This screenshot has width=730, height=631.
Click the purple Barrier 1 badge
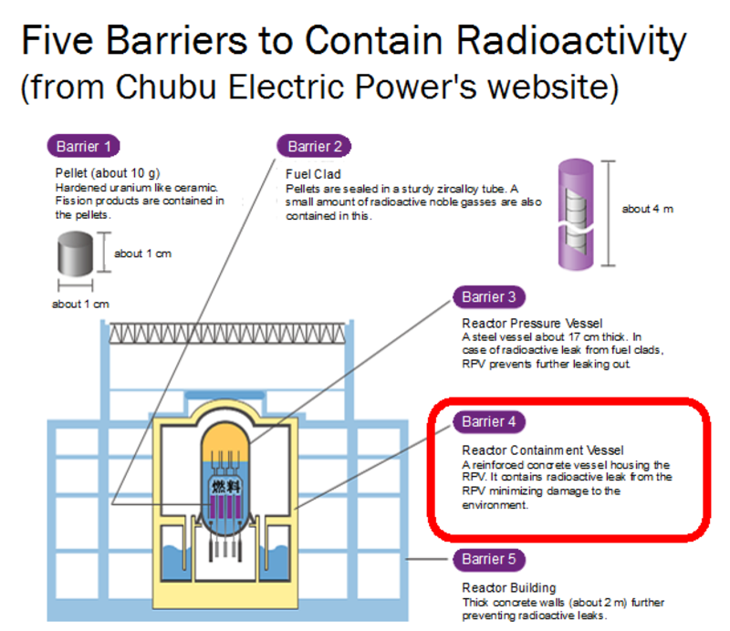tap(83, 146)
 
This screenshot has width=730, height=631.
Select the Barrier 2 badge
tap(314, 146)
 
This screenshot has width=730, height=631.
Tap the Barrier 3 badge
tap(489, 297)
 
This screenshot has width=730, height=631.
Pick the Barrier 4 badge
tap(489, 421)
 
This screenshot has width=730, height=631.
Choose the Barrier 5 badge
tap(489, 559)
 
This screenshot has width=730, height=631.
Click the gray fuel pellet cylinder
tap(75, 253)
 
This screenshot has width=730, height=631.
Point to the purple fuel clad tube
tap(576, 214)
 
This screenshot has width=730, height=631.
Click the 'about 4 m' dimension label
tap(648, 209)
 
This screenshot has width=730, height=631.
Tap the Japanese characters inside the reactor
tap(226, 487)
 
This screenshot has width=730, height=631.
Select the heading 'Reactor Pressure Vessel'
tap(532, 323)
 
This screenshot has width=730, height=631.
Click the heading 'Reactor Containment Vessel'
tap(542, 450)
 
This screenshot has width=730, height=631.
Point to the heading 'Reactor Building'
tap(509, 588)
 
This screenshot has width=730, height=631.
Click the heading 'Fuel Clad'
tap(313, 174)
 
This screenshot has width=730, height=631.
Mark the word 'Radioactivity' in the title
tap(571, 40)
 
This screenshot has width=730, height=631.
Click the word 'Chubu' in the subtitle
tap(166, 87)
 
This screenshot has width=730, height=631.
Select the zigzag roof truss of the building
tap(227, 333)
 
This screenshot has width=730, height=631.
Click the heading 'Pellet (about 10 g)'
tap(108, 173)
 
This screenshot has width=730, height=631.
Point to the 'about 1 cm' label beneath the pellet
tap(80, 305)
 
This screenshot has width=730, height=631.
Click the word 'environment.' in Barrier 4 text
tap(495, 505)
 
